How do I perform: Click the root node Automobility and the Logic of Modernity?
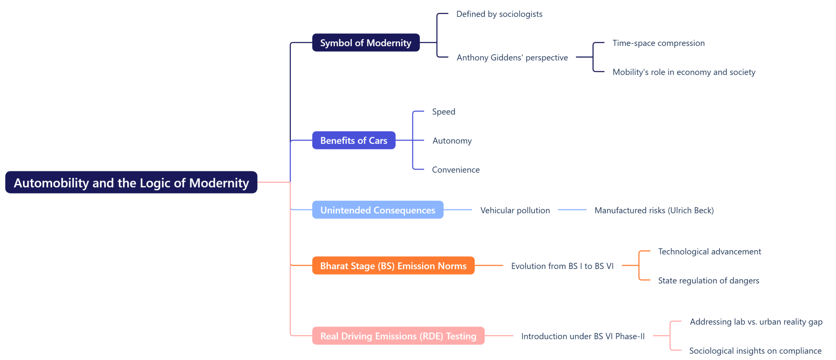coord(131,182)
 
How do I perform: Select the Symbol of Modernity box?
coord(365,42)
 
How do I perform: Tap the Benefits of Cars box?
coord(353,140)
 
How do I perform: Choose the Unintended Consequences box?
coord(377,210)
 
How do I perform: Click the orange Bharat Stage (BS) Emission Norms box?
coord(393,266)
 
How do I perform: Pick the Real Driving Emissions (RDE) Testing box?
coord(398,335)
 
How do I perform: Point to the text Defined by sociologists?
coord(499,14)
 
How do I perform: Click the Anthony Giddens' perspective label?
coord(512,57)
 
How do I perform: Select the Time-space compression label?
coord(658,43)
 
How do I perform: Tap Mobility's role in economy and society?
coord(683,72)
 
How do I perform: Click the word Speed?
coord(443,111)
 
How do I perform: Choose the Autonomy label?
coord(452,140)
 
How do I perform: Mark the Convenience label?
coord(456,170)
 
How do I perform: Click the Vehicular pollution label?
coord(515,210)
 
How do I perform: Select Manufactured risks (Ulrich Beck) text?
coord(654,210)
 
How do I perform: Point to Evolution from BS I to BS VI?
coord(562,266)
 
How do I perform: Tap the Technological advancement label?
coord(709,251)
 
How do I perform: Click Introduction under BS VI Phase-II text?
coord(583,336)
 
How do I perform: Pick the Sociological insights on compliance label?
coord(755,351)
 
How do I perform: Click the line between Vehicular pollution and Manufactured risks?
coord(572,210)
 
